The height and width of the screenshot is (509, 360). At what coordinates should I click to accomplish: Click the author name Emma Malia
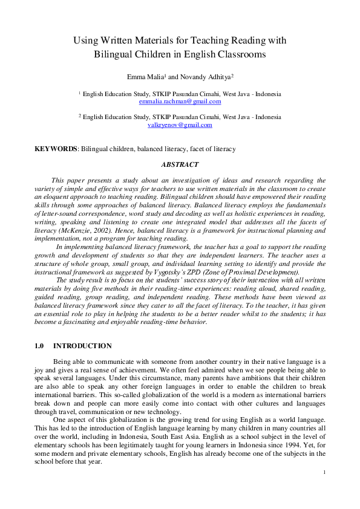point(159,77)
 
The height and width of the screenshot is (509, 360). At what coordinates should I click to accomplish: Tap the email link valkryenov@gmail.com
point(180,125)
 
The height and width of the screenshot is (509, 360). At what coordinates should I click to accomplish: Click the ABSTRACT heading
point(180,164)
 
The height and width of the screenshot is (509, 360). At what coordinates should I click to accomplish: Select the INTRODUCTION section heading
point(82,346)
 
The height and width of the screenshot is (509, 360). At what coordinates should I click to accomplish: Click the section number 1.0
point(40,346)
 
